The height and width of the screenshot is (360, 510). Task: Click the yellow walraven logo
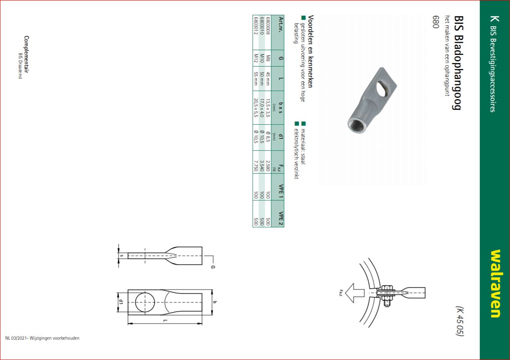pos(496,283)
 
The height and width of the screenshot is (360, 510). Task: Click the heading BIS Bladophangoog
pos(457,63)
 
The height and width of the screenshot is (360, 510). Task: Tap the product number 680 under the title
pos(435,22)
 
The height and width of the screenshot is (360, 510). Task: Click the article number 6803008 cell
pos(268,26)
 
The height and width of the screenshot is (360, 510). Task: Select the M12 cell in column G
pos(256,58)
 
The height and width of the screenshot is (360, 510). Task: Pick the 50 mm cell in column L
pos(262,79)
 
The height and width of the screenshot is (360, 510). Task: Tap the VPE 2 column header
pos(281,218)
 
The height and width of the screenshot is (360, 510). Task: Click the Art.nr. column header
pos(281,24)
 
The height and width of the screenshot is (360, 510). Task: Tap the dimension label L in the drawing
pos(166,321)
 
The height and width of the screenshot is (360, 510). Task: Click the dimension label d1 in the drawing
pos(121,302)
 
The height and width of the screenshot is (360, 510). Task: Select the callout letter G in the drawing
pos(213,267)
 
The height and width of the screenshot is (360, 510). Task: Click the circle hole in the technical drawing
pos(145,302)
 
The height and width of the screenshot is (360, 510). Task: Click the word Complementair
pos(26,54)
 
